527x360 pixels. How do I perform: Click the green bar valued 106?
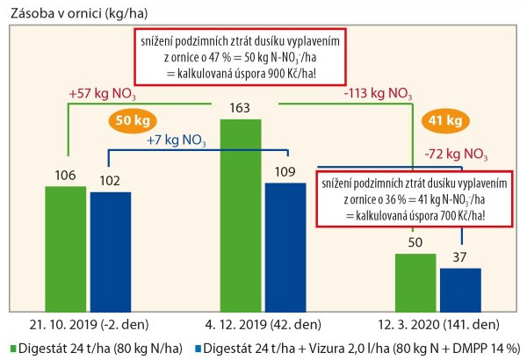click(67, 243)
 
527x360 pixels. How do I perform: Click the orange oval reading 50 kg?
click(129, 120)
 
